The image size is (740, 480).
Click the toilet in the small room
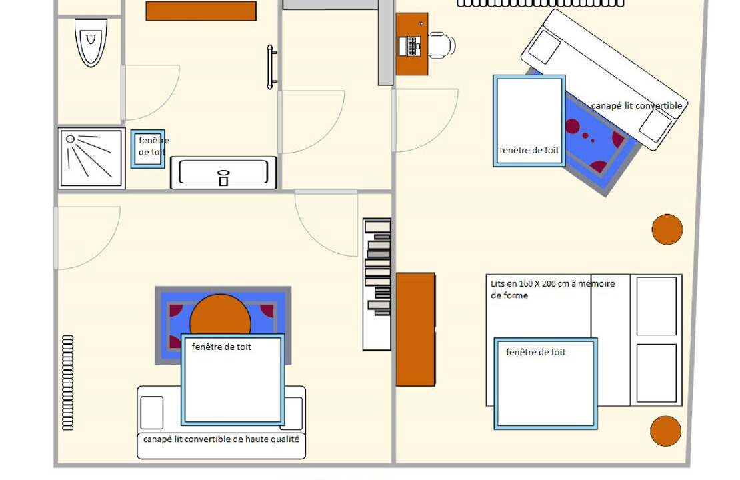coord(91,42)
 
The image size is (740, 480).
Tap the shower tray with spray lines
coord(91,158)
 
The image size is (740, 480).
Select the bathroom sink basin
coord(223,173)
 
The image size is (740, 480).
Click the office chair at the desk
coord(441,45)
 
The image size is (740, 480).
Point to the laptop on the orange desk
coord(409,46)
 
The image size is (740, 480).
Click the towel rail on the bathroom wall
coord(271,67)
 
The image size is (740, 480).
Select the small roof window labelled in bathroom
coord(148,149)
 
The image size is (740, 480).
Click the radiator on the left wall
coord(68,382)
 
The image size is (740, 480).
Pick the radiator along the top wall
coord(541,3)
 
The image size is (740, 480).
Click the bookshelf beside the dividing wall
coord(377,284)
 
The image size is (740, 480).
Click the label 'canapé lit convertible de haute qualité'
coord(221,439)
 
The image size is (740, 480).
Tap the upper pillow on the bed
coord(657,306)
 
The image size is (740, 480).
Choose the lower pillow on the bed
coord(657,373)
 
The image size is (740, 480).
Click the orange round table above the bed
coord(667,229)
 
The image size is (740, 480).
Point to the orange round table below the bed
coord(665,431)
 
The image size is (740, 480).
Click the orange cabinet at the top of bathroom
coord(201,11)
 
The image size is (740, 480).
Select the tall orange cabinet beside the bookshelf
coord(415,329)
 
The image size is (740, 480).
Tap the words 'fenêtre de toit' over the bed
coord(535,352)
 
